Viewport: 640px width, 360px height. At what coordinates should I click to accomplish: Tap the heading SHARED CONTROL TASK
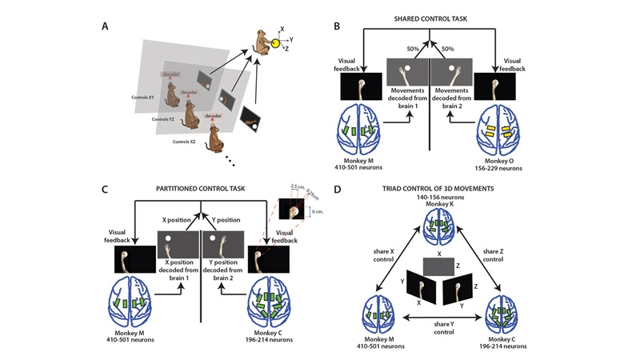tap(432, 20)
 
